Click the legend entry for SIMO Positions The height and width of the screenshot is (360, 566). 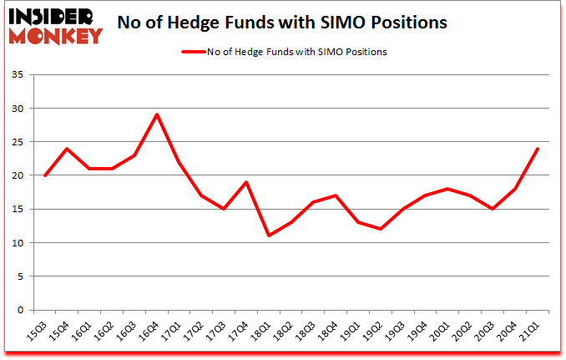pyautogui.click(x=284, y=52)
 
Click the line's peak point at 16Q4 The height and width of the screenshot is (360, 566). pyautogui.click(x=157, y=114)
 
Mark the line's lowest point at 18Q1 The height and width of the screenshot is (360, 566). pyautogui.click(x=269, y=236)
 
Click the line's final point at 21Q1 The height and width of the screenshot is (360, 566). pyautogui.click(x=538, y=149)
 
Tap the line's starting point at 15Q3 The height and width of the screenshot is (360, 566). pyautogui.click(x=45, y=175)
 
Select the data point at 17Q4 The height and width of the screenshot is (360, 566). pyautogui.click(x=246, y=182)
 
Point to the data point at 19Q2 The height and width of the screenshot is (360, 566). pyautogui.click(x=381, y=229)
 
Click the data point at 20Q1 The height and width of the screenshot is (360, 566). pyautogui.click(x=448, y=189)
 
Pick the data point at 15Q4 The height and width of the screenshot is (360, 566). pyautogui.click(x=68, y=149)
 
